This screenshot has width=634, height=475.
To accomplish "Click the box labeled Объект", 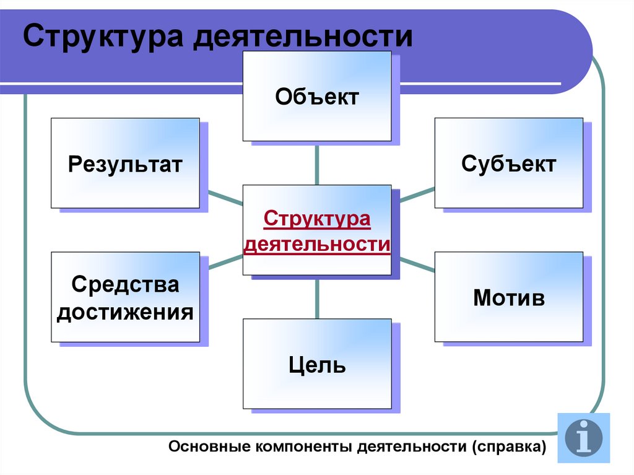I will tap(316, 97).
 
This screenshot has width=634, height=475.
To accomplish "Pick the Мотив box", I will tap(508, 297).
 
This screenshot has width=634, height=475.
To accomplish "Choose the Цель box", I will tap(316, 364).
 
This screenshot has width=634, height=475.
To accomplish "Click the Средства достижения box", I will tap(125, 297).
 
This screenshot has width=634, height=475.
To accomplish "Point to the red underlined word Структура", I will tap(316, 219).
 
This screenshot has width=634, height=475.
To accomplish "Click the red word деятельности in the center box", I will tap(316, 244).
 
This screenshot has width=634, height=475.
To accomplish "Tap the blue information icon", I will tap(583, 438).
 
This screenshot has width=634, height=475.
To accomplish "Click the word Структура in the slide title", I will tap(103, 37).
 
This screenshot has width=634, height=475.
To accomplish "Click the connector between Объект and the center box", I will tap(317, 163).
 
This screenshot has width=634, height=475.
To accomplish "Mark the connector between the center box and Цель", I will tap(317, 297).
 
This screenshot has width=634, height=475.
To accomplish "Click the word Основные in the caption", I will tap(209, 447).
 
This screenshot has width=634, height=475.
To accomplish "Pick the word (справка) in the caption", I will tap(508, 447).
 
